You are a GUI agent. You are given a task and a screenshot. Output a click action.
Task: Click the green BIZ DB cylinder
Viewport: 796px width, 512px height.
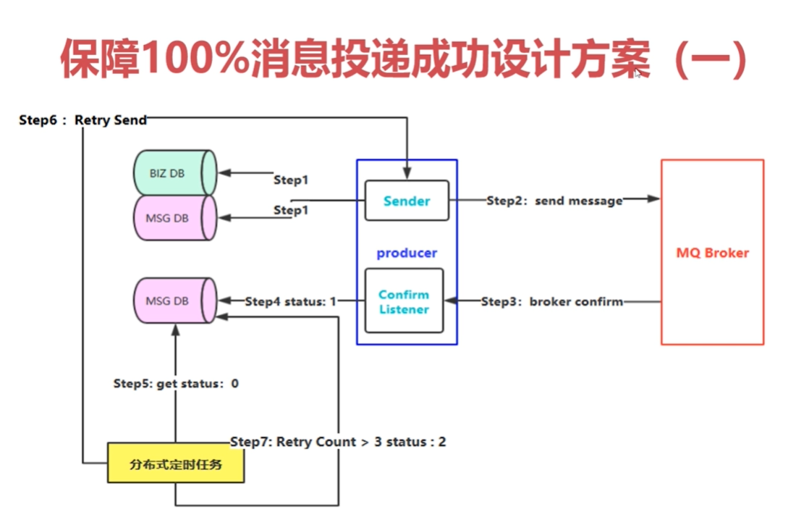[174, 173]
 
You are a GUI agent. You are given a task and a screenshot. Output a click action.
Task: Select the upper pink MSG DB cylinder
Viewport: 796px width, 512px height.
[174, 218]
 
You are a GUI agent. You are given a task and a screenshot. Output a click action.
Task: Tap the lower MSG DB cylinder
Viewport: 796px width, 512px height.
[174, 300]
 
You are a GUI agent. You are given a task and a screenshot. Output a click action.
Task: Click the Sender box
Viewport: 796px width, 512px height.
[406, 201]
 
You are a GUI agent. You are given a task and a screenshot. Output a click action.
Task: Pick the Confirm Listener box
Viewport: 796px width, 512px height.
[404, 301]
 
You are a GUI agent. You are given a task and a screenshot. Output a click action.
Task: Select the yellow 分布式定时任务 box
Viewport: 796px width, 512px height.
[175, 463]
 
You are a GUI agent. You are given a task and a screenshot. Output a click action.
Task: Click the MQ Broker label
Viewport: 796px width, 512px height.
[712, 253]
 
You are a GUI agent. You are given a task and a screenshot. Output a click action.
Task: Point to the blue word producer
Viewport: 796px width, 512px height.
[407, 253]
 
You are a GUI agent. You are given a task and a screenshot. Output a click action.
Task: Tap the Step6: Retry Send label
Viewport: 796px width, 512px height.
[82, 120]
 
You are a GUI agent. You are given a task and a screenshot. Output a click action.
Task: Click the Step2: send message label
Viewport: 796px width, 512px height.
[554, 201]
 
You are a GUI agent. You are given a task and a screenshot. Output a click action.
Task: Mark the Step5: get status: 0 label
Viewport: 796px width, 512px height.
[176, 383]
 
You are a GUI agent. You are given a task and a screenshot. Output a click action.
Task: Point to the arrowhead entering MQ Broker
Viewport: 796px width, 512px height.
[654, 198]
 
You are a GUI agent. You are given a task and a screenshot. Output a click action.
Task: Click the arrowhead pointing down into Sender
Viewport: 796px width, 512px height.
[407, 175]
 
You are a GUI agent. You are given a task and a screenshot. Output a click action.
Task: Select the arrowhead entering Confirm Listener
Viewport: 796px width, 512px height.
[449, 301]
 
